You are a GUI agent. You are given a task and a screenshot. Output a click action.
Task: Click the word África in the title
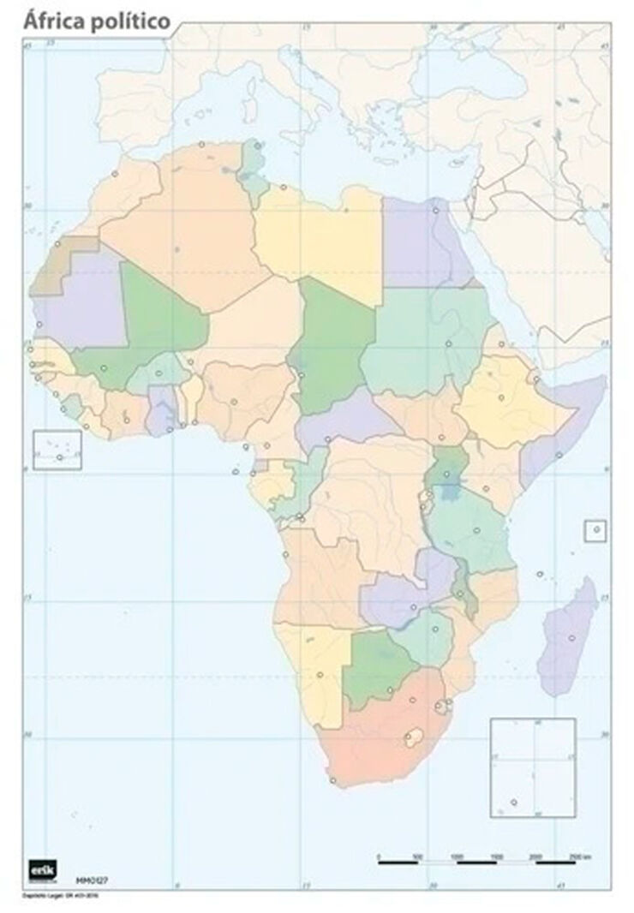pos(54,21)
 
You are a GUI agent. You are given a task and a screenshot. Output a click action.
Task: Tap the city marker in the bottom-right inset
pos(514,803)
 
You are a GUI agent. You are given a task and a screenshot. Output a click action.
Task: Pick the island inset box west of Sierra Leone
pos(57,450)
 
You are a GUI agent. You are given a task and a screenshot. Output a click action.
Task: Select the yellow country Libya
pos(321,240)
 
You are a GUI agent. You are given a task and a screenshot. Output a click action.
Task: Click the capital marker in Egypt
pos(436,210)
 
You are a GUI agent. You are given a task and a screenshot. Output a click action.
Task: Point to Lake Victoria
pos(447,492)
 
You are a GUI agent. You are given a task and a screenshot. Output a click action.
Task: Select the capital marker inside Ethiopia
pos(501,397)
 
